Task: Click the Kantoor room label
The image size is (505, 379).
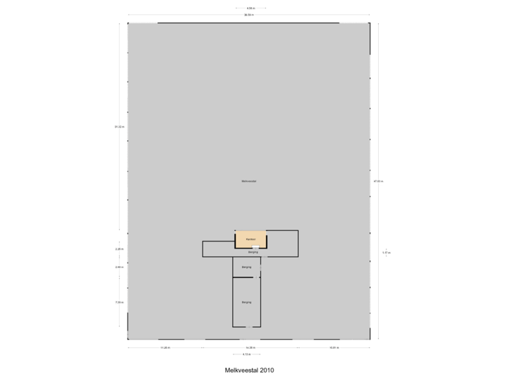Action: (250, 239)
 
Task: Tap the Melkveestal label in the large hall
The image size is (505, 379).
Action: (249, 181)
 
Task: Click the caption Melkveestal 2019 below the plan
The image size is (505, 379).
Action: (250, 368)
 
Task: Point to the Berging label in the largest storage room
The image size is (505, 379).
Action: (246, 302)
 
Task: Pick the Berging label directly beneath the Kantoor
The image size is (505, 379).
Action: (250, 252)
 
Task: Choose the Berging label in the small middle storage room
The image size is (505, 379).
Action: (246, 267)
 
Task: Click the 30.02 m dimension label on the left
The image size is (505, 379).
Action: (119, 126)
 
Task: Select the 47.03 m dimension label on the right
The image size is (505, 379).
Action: (379, 181)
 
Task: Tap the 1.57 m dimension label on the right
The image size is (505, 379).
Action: (386, 253)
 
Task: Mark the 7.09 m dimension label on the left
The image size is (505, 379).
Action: (119, 302)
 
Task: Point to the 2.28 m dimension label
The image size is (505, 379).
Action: (119, 248)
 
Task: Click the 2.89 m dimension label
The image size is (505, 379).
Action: (119, 267)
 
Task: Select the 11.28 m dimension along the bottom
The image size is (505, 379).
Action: (165, 347)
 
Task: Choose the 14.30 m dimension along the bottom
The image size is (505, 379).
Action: (250, 347)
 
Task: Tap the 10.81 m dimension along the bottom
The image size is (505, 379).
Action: (334, 347)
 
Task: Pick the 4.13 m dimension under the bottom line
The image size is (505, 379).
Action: (246, 354)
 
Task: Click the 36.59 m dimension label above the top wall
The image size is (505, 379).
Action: (249, 15)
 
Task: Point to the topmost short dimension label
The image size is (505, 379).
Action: (250, 8)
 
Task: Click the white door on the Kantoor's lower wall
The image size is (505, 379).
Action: (256, 247)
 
